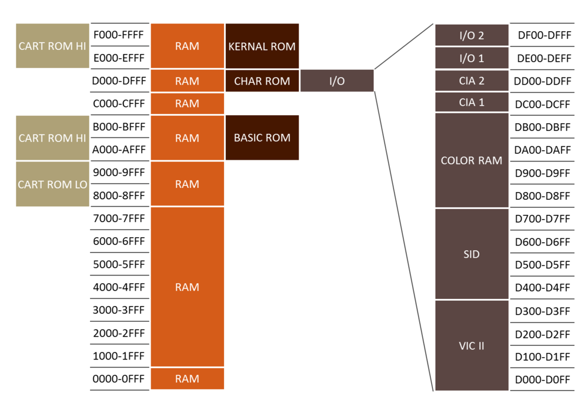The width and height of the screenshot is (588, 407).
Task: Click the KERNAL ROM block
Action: (x=262, y=46)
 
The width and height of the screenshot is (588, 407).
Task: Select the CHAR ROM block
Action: (x=262, y=81)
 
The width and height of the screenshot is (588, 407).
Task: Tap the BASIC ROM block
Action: (x=262, y=138)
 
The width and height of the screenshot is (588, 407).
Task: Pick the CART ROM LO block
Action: (x=52, y=184)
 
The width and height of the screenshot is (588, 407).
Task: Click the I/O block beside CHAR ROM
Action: (x=337, y=81)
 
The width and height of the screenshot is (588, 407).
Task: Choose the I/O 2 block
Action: (x=472, y=35)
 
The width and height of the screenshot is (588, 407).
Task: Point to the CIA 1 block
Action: (x=472, y=103)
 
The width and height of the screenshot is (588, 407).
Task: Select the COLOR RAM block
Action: (x=472, y=160)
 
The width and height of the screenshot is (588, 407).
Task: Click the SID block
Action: (x=472, y=254)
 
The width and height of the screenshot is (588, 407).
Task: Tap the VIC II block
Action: (x=472, y=346)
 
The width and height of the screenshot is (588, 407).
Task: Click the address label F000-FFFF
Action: (x=119, y=35)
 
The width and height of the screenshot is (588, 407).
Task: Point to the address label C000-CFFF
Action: (x=119, y=103)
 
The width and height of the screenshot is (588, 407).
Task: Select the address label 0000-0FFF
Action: (x=119, y=379)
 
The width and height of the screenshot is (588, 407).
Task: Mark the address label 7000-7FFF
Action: (x=119, y=218)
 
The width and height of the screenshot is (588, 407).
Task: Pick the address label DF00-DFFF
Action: (x=543, y=35)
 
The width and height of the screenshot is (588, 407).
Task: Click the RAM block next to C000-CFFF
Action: (x=187, y=103)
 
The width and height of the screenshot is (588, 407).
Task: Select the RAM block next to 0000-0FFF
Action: (x=187, y=379)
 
